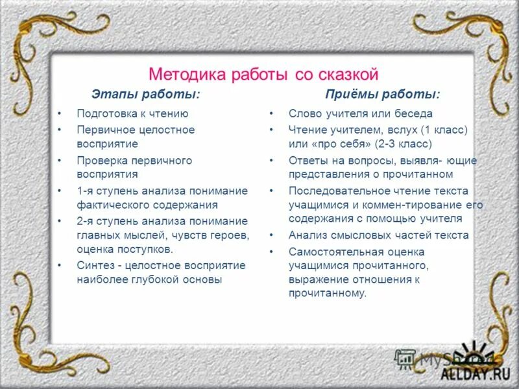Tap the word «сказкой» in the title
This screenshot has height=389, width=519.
tap(346, 73)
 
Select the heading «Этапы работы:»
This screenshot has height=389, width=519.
tap(145, 95)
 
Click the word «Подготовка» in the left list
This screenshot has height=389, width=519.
tap(104, 113)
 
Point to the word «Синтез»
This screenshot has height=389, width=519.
tap(94, 265)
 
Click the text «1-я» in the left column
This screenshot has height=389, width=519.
tap(85, 191)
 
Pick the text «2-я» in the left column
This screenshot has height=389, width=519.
tap(85, 220)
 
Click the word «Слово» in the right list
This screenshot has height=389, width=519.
tap(304, 113)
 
